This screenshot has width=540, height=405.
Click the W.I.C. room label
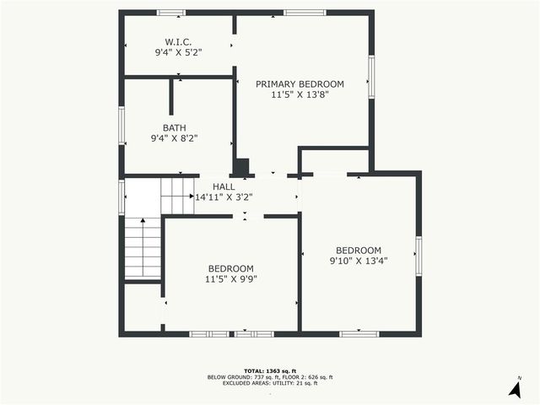coord(178,41)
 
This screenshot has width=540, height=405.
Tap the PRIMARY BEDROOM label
coord(300,84)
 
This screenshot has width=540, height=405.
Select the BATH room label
coord(175,128)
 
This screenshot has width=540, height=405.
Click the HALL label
coord(224,186)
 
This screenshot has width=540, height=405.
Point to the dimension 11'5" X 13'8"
coord(300,94)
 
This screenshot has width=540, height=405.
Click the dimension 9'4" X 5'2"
coord(178,52)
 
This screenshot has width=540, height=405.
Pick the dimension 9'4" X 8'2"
coord(175,138)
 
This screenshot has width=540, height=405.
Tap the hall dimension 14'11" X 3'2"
coord(224,197)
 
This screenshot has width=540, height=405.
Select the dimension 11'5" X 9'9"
coord(230,278)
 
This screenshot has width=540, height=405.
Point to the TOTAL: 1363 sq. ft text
coord(269,370)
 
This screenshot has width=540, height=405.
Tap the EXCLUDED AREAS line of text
coord(269,383)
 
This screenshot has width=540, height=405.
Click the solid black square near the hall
coord(241,167)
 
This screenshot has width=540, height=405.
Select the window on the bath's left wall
coord(121,124)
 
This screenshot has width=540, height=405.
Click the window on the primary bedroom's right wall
coord(370,76)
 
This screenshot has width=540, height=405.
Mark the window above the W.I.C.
coord(171,13)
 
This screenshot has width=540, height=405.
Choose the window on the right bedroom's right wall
coord(418,256)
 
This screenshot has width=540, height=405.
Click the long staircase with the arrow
coord(143,246)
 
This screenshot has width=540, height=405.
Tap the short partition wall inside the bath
coord(171,97)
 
